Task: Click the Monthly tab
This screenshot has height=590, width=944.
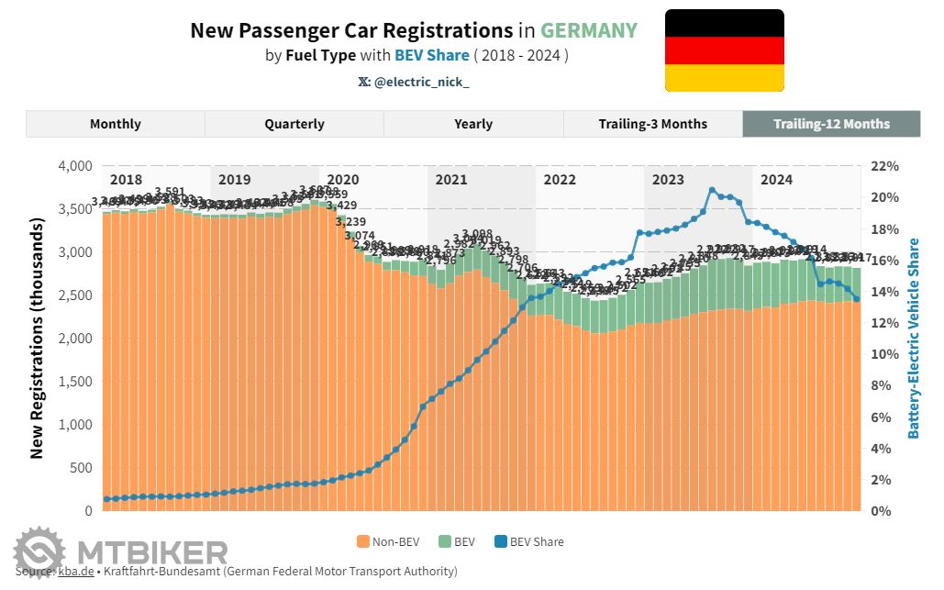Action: (x=115, y=124)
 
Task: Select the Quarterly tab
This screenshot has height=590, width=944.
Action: (x=294, y=124)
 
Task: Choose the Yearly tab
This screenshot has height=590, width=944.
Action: (x=472, y=124)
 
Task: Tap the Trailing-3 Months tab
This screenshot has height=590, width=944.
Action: (x=652, y=124)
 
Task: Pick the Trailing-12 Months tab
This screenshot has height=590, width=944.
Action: (x=831, y=124)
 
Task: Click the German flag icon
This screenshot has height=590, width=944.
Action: (x=724, y=50)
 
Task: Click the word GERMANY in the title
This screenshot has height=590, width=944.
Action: (x=588, y=30)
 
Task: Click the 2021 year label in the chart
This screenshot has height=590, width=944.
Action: (x=450, y=180)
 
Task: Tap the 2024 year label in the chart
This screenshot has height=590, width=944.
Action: (x=776, y=180)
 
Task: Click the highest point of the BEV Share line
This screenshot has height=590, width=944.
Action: (x=712, y=190)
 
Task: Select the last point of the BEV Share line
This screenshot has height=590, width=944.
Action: (x=856, y=299)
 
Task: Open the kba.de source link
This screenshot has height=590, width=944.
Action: (x=75, y=572)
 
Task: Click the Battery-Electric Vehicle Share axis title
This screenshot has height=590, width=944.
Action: (x=913, y=338)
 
